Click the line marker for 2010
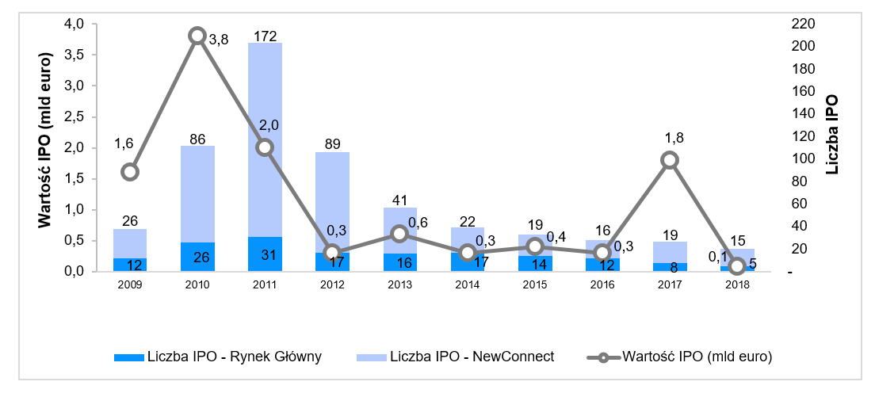click(197, 36)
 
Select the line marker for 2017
click(670, 160)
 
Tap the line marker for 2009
click(130, 172)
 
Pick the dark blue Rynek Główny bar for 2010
click(197, 257)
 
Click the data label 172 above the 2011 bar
click(265, 36)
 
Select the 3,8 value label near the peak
click(218, 40)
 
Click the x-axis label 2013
click(399, 283)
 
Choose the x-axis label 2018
click(737, 283)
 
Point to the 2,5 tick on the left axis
click(74, 116)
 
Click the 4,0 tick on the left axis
click(74, 24)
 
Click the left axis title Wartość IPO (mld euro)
click(45, 140)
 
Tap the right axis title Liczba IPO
click(831, 135)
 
